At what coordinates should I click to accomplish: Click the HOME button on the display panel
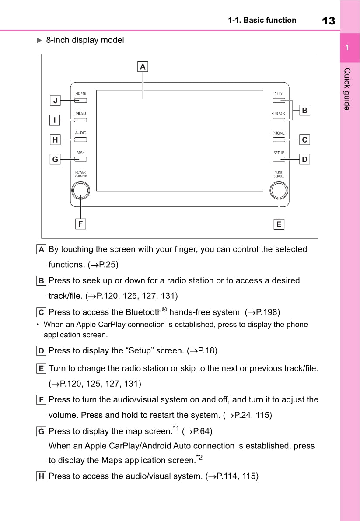[x=80, y=100]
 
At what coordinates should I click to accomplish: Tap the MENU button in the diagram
[x=80, y=120]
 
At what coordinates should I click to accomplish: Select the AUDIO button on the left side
[x=80, y=140]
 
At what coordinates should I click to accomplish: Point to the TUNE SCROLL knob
[x=279, y=190]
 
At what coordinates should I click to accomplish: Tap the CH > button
[x=279, y=100]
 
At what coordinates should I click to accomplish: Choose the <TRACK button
[x=279, y=120]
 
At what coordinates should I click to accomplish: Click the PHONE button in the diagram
[x=279, y=140]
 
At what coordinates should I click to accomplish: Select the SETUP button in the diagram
[x=279, y=159]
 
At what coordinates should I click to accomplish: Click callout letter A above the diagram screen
[x=143, y=67]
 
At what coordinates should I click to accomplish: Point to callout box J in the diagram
[x=55, y=101]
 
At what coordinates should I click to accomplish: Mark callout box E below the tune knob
[x=279, y=224]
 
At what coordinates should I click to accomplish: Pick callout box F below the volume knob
[x=80, y=224]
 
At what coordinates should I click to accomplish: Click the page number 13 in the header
[x=328, y=21]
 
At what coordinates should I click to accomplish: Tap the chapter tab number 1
[x=347, y=47]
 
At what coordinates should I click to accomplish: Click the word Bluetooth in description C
[x=143, y=312]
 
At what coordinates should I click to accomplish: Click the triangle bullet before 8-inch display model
[x=38, y=40]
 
